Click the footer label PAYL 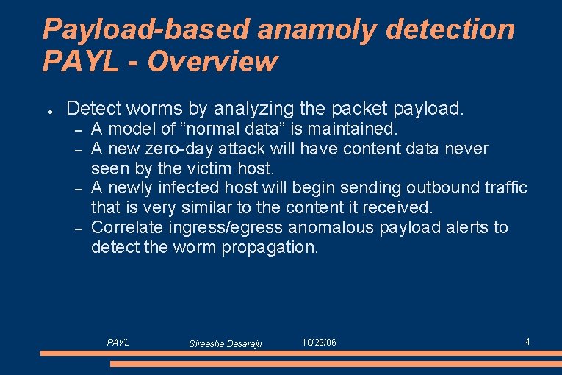[118, 342]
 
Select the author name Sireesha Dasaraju [225, 343]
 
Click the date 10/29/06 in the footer [319, 343]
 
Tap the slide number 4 [527, 341]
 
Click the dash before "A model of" [77, 130]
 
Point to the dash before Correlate [77, 228]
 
